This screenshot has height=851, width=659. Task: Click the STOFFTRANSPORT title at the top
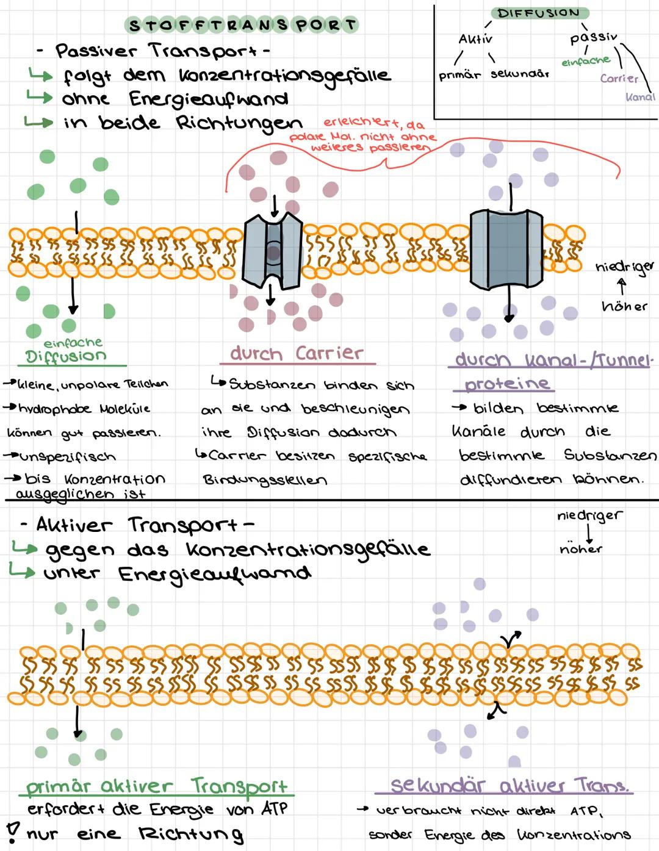coord(242,26)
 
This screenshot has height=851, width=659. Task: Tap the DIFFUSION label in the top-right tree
coord(539,13)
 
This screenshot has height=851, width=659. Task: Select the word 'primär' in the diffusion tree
coord(459,76)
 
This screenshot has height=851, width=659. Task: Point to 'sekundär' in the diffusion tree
coord(519,74)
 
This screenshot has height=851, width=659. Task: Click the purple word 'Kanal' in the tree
coord(640,96)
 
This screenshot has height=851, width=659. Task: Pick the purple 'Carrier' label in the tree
coord(619,78)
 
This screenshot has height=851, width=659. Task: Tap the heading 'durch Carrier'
coord(297,353)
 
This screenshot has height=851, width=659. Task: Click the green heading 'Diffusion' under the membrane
coord(66,356)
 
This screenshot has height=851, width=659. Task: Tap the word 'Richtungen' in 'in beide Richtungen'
coord(239,123)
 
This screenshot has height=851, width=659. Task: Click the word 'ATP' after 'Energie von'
coord(274,809)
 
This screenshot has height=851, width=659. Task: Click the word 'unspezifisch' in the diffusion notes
coord(67,457)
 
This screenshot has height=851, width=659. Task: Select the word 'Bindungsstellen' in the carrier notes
coord(265,480)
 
